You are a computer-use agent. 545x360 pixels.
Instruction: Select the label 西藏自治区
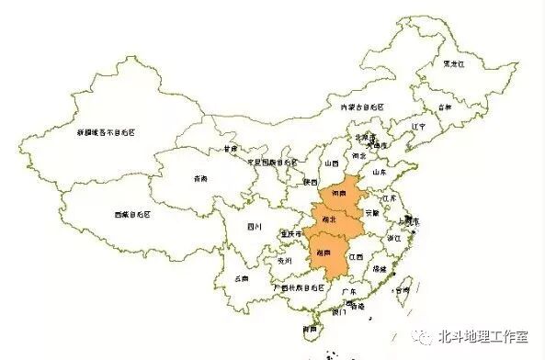[x=133, y=214]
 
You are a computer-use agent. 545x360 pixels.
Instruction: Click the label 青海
[x=200, y=178]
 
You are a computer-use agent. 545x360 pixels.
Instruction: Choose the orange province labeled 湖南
[x=324, y=253]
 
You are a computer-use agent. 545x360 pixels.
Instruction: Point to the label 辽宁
[x=419, y=126]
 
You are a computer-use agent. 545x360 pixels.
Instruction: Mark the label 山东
[x=378, y=171]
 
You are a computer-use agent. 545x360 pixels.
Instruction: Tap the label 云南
[x=241, y=276]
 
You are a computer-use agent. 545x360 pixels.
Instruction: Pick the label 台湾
[x=401, y=290]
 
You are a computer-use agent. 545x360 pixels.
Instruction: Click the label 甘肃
[x=230, y=148]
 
